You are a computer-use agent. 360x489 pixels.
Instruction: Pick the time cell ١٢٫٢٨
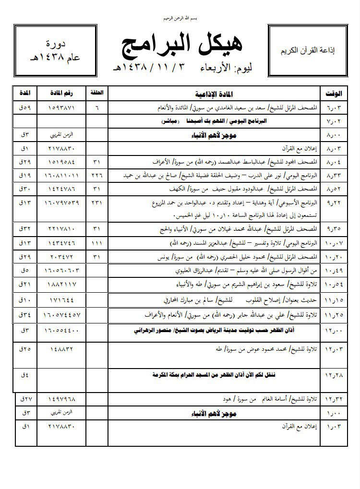click(x=335, y=374)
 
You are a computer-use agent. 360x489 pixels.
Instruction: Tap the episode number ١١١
click(x=96, y=244)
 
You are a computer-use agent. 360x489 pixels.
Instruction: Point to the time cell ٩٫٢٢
click(x=334, y=203)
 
